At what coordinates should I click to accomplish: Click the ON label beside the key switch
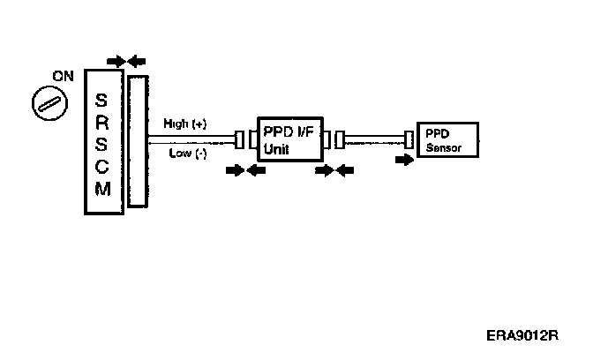63,76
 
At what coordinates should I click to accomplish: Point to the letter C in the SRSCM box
101,169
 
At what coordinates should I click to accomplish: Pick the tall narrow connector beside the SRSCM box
137,141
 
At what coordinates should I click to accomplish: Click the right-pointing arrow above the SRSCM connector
116,61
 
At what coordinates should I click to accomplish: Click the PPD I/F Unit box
289,138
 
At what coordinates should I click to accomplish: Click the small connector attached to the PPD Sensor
409,139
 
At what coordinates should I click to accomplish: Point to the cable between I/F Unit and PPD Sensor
373,139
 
